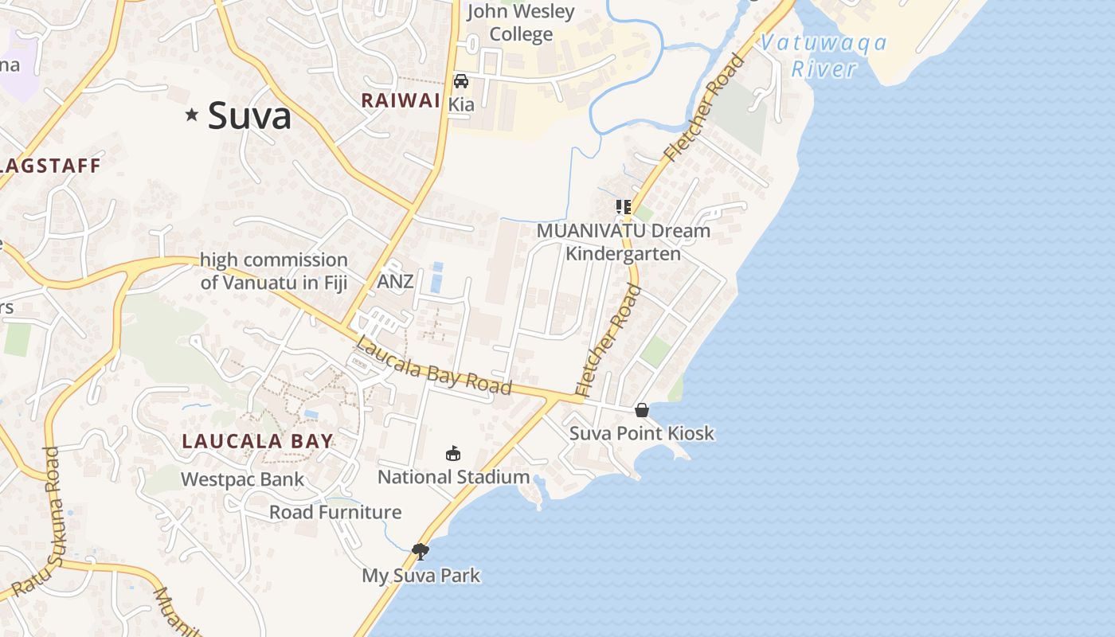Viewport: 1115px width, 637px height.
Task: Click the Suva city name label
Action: (x=249, y=116)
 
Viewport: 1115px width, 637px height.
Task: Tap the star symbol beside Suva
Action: (x=191, y=115)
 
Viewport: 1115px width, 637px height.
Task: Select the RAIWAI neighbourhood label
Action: (x=401, y=100)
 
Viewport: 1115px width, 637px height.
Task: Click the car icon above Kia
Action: (x=461, y=81)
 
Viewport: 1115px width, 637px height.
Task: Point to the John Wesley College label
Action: (x=521, y=22)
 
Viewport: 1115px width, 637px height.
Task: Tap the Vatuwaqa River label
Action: (x=824, y=56)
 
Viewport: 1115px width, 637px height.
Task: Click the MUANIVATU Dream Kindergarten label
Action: (x=623, y=242)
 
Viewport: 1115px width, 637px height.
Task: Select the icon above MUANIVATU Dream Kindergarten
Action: (x=623, y=207)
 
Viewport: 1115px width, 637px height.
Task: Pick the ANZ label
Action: (x=395, y=281)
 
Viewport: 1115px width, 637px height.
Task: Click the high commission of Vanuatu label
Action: (x=274, y=271)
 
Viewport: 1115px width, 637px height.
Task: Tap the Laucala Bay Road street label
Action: (x=433, y=367)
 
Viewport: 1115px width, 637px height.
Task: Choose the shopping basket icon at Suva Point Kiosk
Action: (x=642, y=410)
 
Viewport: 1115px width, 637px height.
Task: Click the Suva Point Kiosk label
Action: (x=642, y=434)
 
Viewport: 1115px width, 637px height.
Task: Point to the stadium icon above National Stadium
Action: (x=453, y=454)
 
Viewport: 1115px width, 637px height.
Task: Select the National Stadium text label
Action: (x=453, y=477)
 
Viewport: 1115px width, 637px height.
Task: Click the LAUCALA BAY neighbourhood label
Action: (x=257, y=441)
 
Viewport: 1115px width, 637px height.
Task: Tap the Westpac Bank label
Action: (x=242, y=479)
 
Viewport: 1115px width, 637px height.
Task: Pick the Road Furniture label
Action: (x=335, y=512)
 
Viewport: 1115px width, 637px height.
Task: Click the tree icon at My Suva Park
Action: (x=421, y=551)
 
